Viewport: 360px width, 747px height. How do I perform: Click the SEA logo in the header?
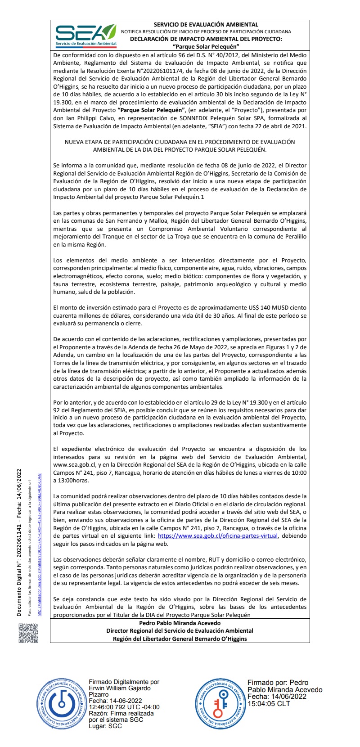[85, 35]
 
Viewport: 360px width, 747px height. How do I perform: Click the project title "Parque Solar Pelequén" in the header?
[206, 46]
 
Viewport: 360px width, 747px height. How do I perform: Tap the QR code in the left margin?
[28, 633]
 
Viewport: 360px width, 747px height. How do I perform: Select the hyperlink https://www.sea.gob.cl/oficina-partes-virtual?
[218, 536]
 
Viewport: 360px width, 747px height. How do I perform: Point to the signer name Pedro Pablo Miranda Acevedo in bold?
[180, 623]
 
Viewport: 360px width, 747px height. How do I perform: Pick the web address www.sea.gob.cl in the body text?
[74, 465]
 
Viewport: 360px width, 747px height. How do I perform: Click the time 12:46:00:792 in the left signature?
[108, 707]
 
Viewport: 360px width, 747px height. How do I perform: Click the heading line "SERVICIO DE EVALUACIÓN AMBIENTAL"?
[206, 25]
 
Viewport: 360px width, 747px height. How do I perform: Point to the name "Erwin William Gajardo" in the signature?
[119, 688]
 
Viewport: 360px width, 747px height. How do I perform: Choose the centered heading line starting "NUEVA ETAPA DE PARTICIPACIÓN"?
[180, 142]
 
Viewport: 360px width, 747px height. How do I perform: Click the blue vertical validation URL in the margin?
[40, 544]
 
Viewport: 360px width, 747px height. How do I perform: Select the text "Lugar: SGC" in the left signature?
[105, 726]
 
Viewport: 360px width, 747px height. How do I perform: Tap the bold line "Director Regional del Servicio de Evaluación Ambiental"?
[180, 631]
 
